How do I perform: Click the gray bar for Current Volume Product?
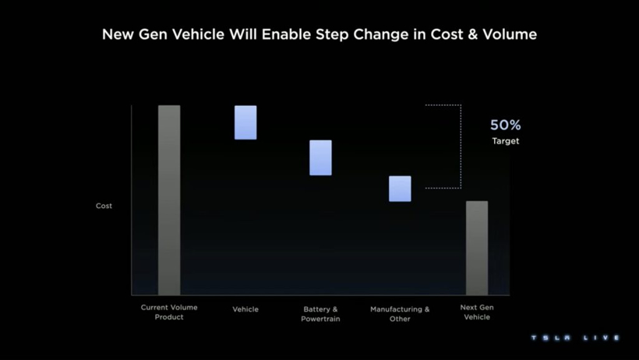pos(169,200)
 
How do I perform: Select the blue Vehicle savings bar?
pos(245,122)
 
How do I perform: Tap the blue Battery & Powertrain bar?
pos(320,157)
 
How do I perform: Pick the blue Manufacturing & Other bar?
pos(400,189)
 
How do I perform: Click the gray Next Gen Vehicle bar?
pos(477,248)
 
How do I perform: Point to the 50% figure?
pos(505,125)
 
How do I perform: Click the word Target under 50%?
pos(505,141)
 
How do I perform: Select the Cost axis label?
pos(104,206)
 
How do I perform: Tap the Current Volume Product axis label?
pos(169,312)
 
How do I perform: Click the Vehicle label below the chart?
pos(245,309)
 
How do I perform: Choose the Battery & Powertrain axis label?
pos(320,314)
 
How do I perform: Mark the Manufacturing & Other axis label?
pos(400,314)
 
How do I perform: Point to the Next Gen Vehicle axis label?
pos(477,312)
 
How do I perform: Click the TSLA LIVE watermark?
pos(575,338)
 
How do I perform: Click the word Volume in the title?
pos(510,35)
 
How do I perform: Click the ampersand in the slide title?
pos(472,35)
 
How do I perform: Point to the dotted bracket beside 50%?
pos(460,146)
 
